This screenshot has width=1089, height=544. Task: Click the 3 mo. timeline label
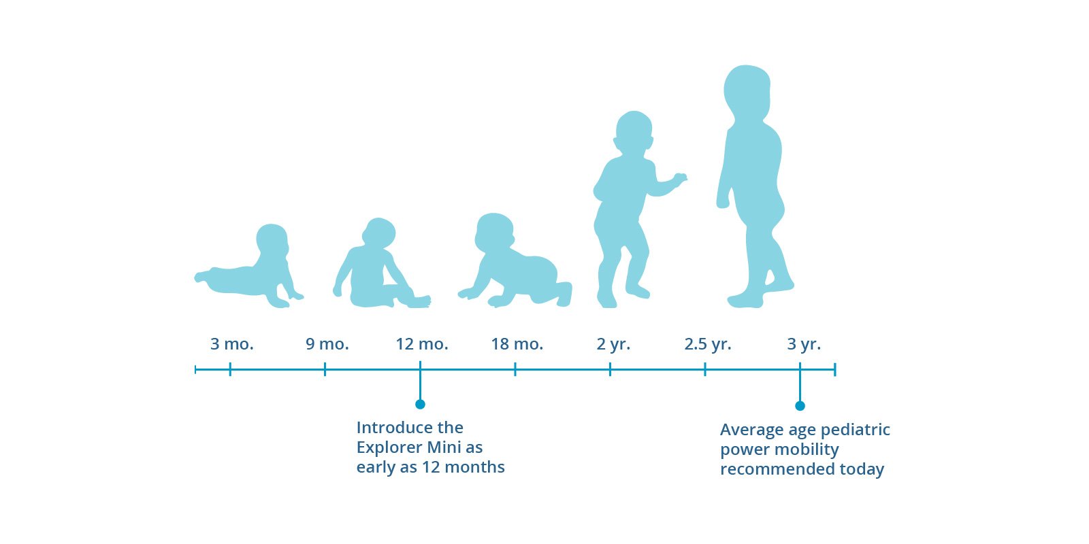[x=232, y=344]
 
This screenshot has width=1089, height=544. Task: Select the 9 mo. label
[x=327, y=344]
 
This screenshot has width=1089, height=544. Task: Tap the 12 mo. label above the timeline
[x=421, y=344]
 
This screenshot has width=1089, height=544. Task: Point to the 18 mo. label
[x=517, y=344]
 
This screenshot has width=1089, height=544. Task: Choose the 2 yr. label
[x=613, y=344]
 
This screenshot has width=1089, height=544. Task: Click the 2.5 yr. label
[x=707, y=344]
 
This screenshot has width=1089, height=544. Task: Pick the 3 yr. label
[x=804, y=344]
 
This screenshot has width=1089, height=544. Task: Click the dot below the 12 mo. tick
[x=420, y=404]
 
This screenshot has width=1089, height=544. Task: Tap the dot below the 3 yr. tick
[x=800, y=405]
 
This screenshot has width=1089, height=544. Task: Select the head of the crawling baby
[x=494, y=232]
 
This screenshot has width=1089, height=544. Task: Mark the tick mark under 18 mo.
[x=515, y=369]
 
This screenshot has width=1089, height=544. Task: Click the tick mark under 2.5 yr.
[x=705, y=369]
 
